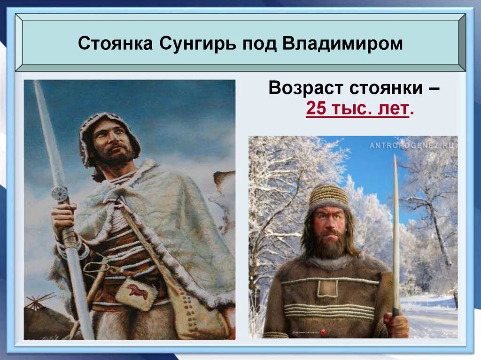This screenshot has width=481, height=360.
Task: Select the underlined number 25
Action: click(316, 109)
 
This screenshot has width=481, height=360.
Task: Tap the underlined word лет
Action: click(394, 109)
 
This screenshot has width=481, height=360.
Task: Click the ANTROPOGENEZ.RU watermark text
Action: click(412, 145)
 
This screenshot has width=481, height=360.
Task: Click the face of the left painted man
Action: click(111, 140)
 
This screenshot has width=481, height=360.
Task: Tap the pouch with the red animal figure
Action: click(137, 294)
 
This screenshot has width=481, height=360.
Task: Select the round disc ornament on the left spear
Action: click(60, 193)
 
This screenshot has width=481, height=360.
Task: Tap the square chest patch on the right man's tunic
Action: click(327, 288)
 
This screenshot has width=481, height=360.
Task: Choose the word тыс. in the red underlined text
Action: click(355, 109)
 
